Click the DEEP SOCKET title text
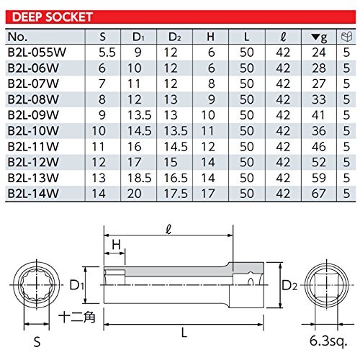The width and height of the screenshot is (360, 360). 53,17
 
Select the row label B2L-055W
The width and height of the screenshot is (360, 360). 37,53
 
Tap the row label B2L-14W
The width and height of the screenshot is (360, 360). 33,194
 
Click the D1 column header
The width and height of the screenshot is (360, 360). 138,37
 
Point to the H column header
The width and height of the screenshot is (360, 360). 210,37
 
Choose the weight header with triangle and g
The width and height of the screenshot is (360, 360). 319,37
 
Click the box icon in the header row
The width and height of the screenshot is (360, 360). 346,37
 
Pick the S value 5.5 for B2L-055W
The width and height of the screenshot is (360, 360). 107,53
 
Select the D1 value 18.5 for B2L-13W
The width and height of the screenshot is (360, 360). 139,178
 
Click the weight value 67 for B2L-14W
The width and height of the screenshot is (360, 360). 319,194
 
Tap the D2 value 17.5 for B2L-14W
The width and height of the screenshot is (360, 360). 176,194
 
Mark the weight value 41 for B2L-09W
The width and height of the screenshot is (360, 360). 318,115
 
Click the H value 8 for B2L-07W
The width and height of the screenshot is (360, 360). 211,84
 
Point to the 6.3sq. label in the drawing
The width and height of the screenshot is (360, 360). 328,341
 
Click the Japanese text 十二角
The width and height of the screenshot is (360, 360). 77,317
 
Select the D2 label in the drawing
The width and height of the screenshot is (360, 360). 289,285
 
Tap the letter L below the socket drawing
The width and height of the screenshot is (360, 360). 184,333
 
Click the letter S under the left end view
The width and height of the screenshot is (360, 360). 37,342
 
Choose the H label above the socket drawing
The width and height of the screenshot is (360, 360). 117,245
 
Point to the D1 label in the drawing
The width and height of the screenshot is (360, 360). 76,285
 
